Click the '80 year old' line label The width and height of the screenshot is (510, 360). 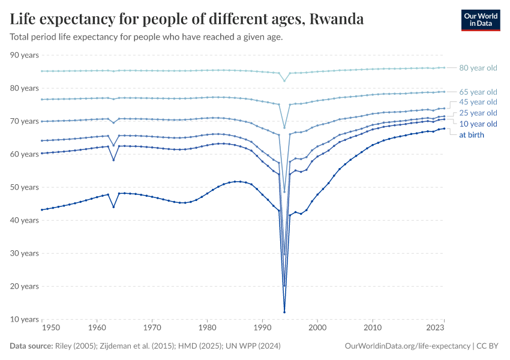(x=478, y=68)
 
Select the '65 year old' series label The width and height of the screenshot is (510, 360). (x=478, y=92)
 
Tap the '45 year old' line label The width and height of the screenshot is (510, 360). (x=478, y=103)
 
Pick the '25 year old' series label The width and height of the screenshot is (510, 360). (x=478, y=113)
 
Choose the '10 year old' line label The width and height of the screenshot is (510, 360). (x=478, y=124)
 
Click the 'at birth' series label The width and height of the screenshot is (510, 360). (x=472, y=134)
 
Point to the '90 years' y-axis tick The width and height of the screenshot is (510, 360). (x=25, y=55)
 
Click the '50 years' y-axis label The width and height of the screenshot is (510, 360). (x=25, y=187)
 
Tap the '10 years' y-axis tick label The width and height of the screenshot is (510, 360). (x=25, y=319)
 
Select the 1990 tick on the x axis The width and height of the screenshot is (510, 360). (x=262, y=328)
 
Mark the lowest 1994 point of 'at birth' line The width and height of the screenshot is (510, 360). (x=284, y=312)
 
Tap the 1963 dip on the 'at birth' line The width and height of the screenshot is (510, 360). (x=113, y=207)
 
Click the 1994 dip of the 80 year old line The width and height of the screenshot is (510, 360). (x=284, y=81)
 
